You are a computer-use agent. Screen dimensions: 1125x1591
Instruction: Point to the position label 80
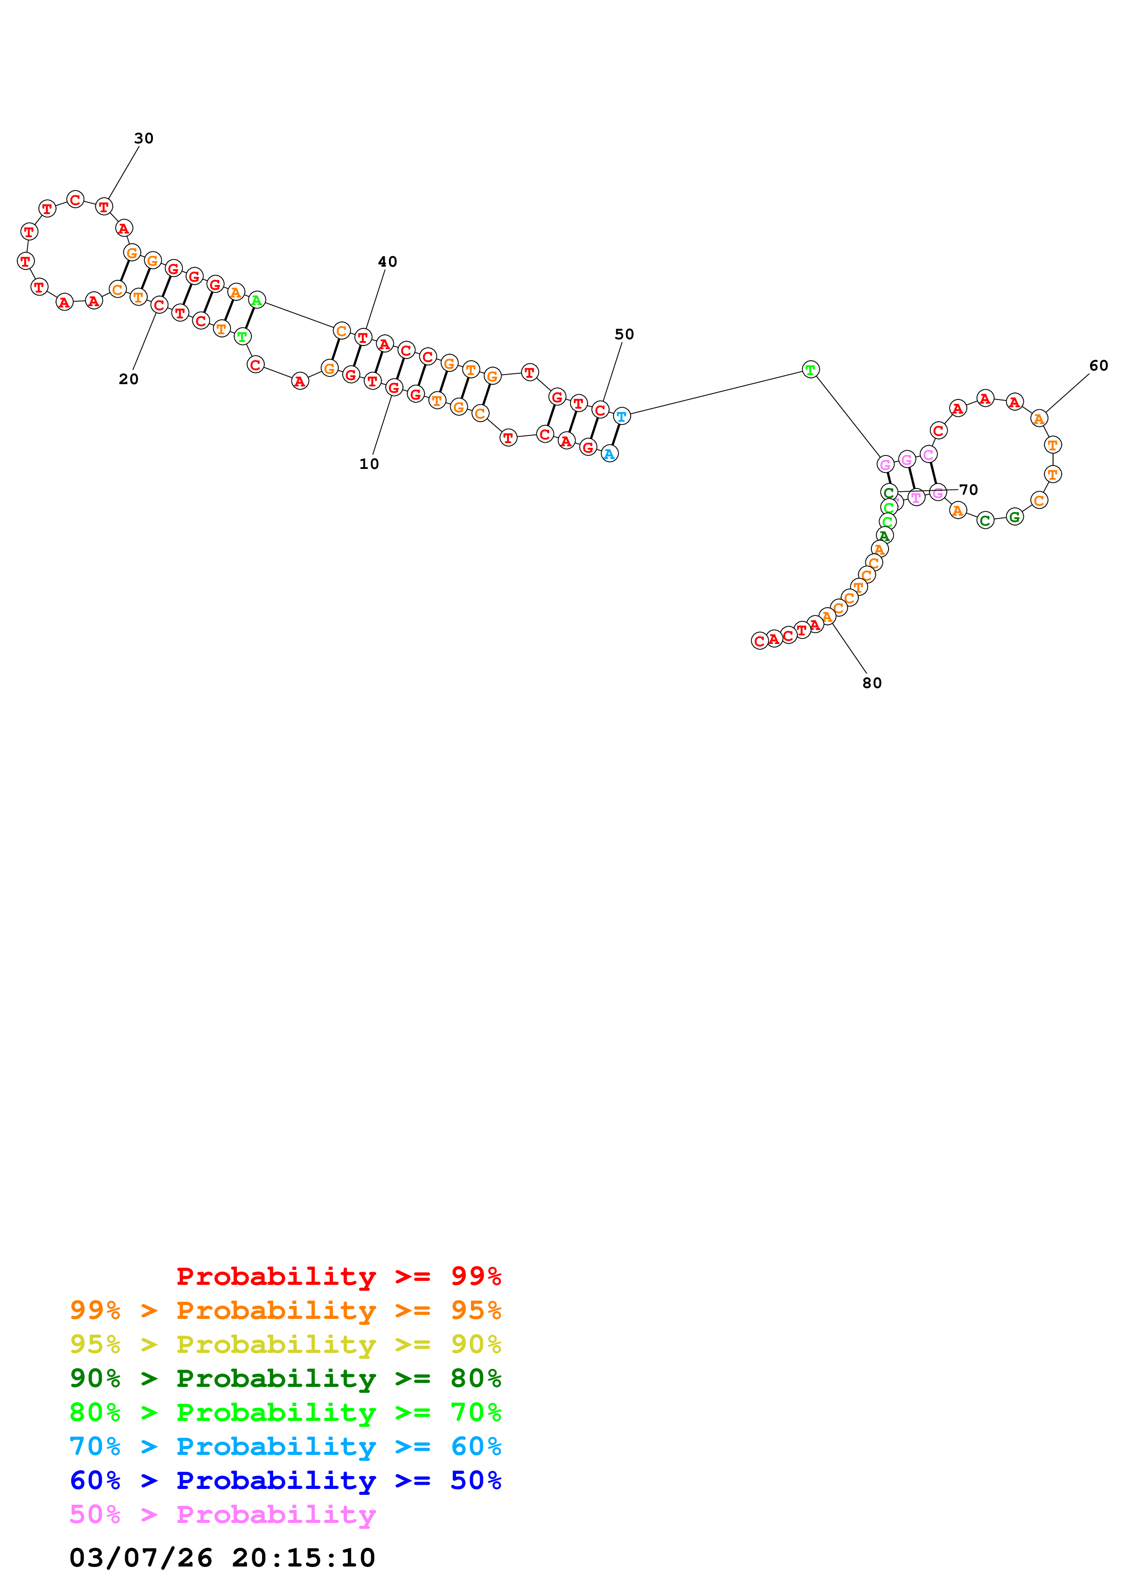[871, 683]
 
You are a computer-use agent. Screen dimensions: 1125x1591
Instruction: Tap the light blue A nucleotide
[609, 454]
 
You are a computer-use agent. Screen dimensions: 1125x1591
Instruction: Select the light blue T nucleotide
[622, 416]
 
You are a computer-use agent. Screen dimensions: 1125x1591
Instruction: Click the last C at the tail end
[759, 641]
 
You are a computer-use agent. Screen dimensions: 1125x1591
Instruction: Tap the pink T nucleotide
[916, 497]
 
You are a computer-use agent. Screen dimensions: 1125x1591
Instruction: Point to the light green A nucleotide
[256, 300]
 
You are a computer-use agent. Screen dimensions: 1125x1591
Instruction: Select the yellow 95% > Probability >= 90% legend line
[285, 1344]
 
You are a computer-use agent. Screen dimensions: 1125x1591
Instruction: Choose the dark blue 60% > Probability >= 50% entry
[285, 1480]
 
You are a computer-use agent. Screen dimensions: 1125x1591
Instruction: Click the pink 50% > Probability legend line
[222, 1514]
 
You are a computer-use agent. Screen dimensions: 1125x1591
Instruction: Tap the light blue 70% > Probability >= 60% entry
[285, 1446]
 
